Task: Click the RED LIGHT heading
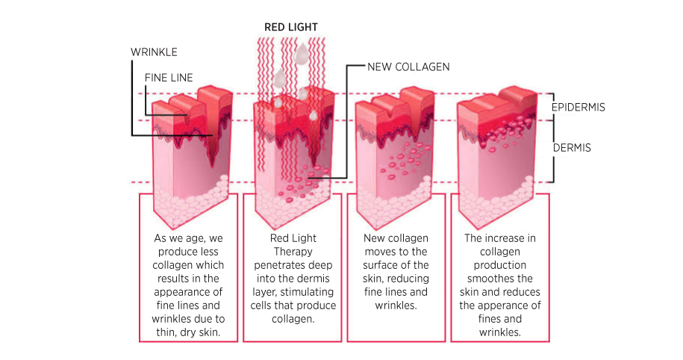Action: click(291, 28)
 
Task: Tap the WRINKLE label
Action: click(154, 52)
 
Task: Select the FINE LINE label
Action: click(169, 78)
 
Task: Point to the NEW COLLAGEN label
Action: click(408, 67)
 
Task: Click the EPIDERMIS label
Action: click(578, 108)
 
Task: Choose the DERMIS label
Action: click(572, 148)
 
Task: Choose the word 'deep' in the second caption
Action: click(322, 265)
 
